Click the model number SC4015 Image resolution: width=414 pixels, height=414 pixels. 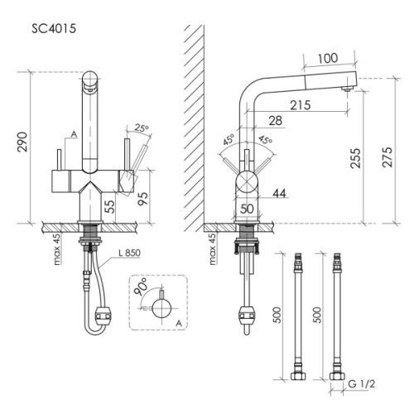(x=54, y=29)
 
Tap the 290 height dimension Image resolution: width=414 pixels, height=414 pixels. (x=22, y=142)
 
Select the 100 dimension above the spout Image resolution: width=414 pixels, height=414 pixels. (x=328, y=58)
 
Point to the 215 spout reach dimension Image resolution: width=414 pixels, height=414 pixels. (x=301, y=105)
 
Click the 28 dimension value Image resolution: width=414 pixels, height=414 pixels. (x=276, y=121)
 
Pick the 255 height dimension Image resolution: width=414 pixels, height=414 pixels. (x=355, y=158)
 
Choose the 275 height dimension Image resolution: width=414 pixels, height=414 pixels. (x=387, y=157)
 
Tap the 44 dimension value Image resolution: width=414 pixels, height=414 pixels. (x=280, y=193)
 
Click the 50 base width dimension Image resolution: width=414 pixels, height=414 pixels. (x=247, y=209)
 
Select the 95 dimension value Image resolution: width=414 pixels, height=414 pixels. (x=142, y=198)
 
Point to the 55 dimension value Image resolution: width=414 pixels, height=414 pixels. (x=109, y=206)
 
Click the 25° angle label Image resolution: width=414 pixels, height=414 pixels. (x=142, y=128)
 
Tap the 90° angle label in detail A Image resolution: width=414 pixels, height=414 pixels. (x=140, y=287)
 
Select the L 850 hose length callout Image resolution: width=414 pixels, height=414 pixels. (x=129, y=253)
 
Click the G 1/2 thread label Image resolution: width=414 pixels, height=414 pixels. (x=361, y=384)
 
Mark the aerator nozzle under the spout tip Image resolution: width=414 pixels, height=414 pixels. (x=347, y=89)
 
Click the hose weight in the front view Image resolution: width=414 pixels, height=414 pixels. (x=103, y=315)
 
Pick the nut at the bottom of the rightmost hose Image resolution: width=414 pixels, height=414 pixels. (x=337, y=375)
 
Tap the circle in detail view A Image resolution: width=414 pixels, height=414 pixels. (x=161, y=309)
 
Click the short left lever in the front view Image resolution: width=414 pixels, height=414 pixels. (x=59, y=160)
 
